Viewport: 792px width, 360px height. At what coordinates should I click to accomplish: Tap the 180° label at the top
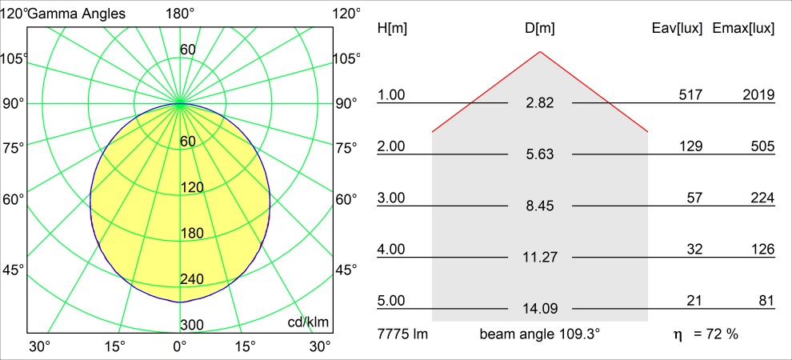(180, 14)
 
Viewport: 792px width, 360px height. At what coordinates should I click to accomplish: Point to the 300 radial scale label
(192, 325)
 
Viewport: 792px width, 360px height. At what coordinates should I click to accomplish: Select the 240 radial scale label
(192, 279)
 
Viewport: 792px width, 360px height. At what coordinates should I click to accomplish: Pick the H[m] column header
(392, 29)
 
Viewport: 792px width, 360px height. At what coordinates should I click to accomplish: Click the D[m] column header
(540, 29)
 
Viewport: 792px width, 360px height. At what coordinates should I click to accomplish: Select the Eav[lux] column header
(678, 29)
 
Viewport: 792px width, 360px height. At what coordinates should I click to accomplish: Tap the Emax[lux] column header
(743, 29)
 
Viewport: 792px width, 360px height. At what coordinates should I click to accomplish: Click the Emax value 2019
(758, 95)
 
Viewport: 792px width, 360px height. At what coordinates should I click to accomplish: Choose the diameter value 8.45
(540, 206)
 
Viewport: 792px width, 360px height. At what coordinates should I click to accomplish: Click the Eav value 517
(690, 95)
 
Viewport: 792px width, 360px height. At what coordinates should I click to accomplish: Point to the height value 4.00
(392, 250)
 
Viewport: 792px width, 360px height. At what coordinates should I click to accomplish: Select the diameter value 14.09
(540, 309)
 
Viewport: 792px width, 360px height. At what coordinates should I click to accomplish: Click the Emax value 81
(766, 301)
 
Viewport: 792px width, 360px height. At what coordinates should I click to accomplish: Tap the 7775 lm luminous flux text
(402, 334)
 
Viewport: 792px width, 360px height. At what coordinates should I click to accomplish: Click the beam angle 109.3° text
(540, 334)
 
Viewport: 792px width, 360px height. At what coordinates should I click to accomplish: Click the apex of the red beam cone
(540, 52)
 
